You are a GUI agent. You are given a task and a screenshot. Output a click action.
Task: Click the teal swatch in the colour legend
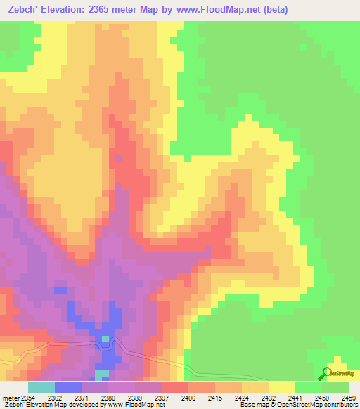(41, 388)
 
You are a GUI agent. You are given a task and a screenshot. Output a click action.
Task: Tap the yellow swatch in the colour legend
(282, 388)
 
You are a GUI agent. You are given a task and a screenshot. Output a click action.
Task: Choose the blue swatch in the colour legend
(68, 388)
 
